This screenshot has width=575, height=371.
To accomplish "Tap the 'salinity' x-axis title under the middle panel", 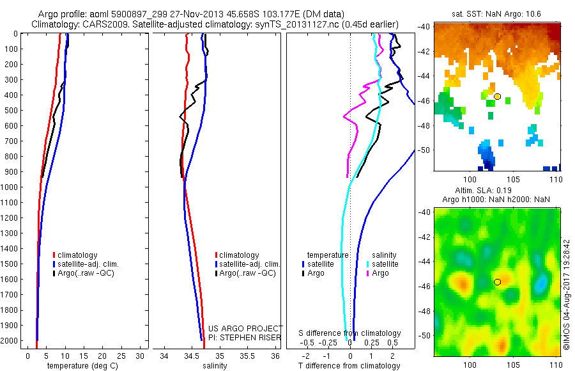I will [215, 366].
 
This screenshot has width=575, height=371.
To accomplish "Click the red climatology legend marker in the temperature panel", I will [54, 255].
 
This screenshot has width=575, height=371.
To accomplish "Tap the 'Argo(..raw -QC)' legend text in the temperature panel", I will [88, 273].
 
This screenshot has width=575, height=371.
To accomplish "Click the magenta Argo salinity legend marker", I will [368, 273].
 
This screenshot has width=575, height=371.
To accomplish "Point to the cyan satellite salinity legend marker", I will [368, 264].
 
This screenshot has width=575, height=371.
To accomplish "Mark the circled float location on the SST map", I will [497, 96].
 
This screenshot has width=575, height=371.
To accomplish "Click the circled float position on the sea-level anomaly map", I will [497, 281].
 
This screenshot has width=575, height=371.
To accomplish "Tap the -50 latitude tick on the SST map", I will [425, 150].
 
